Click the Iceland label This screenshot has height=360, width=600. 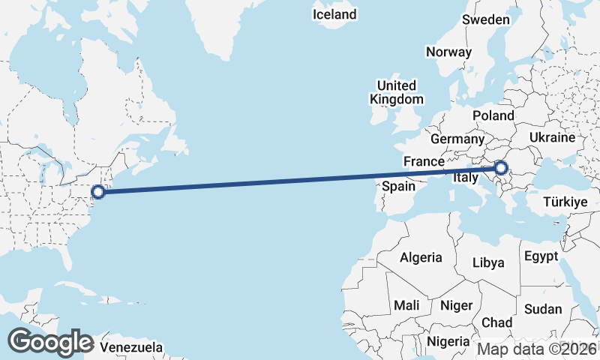pos(334,14)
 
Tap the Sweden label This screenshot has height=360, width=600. pos(486,19)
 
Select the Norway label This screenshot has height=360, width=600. pos(448,52)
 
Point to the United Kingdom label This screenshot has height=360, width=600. pos(397,92)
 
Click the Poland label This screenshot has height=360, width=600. pos(493,115)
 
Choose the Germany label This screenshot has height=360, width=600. pos(457,139)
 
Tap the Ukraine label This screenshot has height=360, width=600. pos(552,138)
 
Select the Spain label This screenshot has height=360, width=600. pos(398,186)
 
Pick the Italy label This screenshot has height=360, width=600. pos(465,178)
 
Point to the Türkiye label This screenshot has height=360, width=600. pos(565,202)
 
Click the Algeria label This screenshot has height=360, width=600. pos(421,257)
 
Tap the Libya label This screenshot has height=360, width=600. pos(488,262)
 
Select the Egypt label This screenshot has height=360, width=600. pos(541,256)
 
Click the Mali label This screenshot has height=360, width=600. pos(407,306)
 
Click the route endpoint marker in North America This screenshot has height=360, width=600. pos(98,192)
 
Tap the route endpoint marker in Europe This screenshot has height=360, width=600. pos(502,169)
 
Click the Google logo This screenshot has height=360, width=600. pos(50,342)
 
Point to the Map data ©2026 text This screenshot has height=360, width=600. pos(538,348)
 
